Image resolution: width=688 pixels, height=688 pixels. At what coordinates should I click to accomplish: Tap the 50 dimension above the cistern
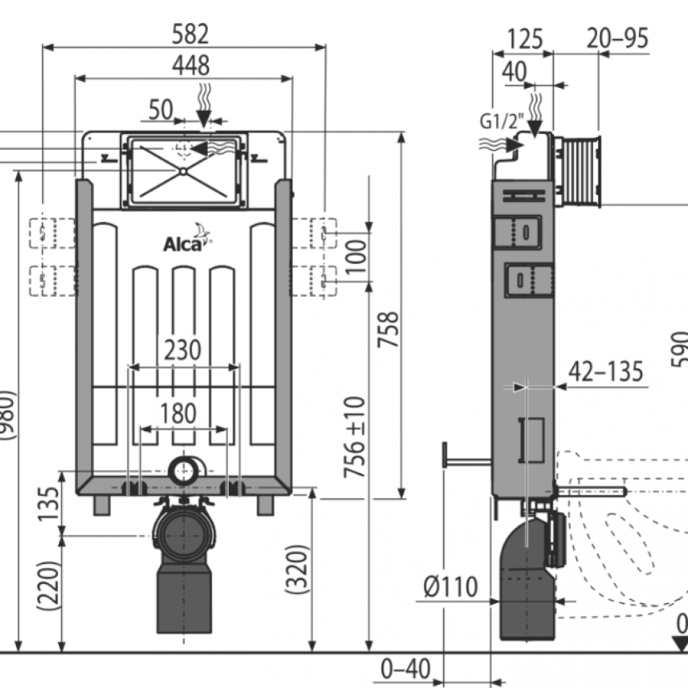pyautogui.click(x=160, y=110)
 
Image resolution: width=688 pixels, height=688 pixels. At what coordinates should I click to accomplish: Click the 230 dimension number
pyautogui.click(x=182, y=350)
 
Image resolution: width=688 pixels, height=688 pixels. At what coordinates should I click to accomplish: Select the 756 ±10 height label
pyautogui.click(x=355, y=438)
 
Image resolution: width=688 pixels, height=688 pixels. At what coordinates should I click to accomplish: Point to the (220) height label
pyautogui.click(x=47, y=585)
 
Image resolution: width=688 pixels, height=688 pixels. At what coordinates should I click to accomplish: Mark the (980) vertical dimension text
pyautogui.click(x=7, y=416)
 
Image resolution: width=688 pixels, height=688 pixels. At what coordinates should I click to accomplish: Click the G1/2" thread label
pyautogui.click(x=500, y=121)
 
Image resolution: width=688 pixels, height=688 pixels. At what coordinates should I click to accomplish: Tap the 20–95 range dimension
pyautogui.click(x=618, y=38)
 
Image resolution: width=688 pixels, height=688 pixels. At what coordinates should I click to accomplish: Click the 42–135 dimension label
pyautogui.click(x=605, y=372)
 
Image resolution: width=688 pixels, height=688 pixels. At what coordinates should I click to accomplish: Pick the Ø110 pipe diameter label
pyautogui.click(x=451, y=587)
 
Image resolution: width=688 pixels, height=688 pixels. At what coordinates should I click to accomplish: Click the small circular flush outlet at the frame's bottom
pyautogui.click(x=183, y=470)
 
